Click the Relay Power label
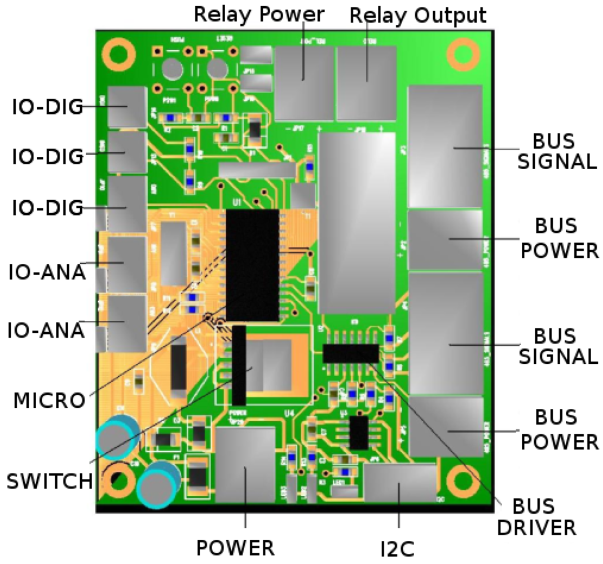259,14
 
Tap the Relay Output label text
417,15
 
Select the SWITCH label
49,481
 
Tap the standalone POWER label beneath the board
235,547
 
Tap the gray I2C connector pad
399,482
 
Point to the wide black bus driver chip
350,354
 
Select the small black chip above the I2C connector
358,433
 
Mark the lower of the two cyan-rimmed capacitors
159,484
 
